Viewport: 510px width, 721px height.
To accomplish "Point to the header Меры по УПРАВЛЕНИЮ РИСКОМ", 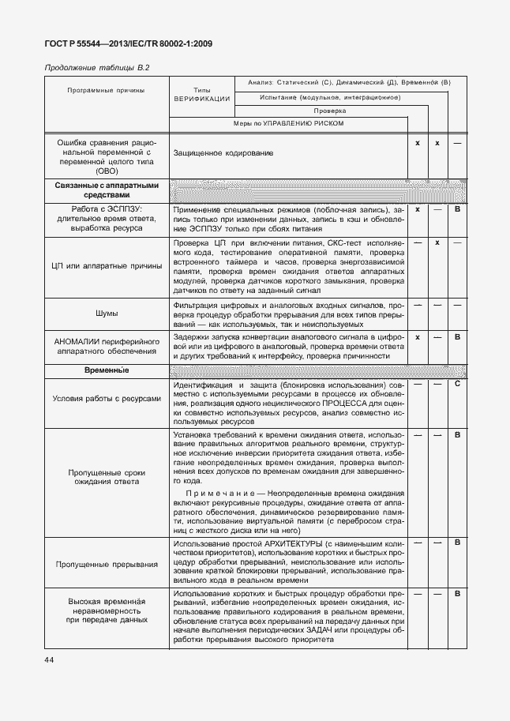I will [288, 124].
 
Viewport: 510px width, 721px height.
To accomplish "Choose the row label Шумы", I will [106, 314].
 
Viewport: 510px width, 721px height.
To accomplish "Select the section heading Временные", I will [106, 370].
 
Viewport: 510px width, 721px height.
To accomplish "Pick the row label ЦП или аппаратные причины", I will [106, 268].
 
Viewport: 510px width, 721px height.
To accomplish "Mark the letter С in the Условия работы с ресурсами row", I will [457, 384].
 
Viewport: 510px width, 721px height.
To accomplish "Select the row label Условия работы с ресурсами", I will [106, 399].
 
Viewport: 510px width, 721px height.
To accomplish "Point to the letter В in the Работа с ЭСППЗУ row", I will [457, 210].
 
